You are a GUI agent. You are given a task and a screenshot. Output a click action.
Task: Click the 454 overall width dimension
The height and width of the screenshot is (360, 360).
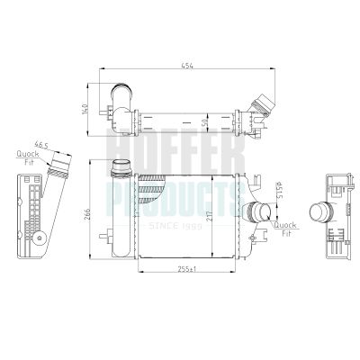(x=186, y=65)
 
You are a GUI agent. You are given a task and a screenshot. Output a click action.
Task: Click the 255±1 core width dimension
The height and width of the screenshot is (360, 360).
(x=186, y=269)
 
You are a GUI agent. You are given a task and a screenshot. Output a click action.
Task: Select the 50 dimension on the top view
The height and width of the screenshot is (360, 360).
(x=205, y=120)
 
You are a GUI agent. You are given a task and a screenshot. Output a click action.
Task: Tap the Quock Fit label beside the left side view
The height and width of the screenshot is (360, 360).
(x=27, y=158)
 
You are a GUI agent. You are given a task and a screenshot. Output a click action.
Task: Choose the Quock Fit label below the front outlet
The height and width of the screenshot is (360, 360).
(x=285, y=229)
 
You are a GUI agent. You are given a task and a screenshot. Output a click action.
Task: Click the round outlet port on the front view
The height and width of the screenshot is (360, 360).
(x=259, y=213)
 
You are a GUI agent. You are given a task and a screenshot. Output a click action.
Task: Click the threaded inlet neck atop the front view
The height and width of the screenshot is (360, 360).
(x=120, y=167)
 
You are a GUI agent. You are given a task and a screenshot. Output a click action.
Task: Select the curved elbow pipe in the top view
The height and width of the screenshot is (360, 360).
(x=120, y=95)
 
